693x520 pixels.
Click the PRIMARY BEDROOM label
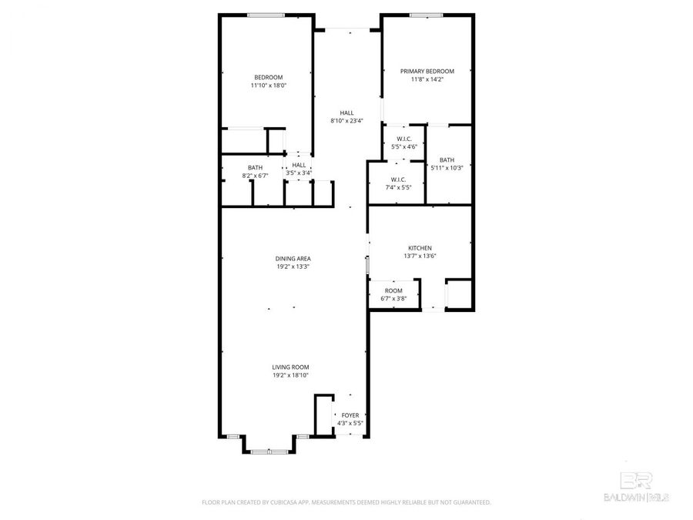pyautogui.click(x=427, y=71)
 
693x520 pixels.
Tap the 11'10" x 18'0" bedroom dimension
pyautogui.click(x=268, y=86)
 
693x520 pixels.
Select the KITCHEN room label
pyautogui.click(x=420, y=248)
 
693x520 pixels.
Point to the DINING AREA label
pyautogui.click(x=293, y=259)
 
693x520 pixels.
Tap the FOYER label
pyautogui.click(x=350, y=415)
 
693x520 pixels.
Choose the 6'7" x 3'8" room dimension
pyautogui.click(x=393, y=298)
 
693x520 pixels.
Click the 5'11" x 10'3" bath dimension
pyautogui.click(x=447, y=168)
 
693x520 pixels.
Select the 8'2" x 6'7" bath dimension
pyautogui.click(x=255, y=175)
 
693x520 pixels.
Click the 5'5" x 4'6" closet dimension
pyautogui.click(x=404, y=146)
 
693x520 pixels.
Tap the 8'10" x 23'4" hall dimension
pyautogui.click(x=346, y=120)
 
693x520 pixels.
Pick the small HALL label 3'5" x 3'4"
pyautogui.click(x=299, y=173)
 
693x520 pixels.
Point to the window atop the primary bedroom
pyautogui.click(x=426, y=15)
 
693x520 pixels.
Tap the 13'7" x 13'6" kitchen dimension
pyautogui.click(x=420, y=256)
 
